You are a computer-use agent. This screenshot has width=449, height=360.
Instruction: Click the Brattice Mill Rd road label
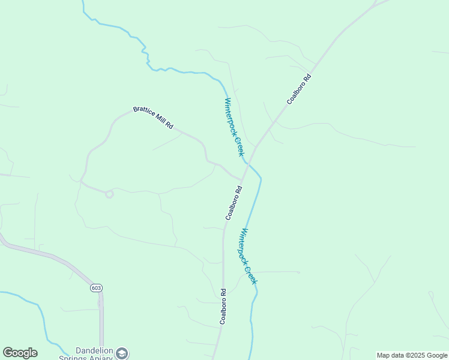point(153,118)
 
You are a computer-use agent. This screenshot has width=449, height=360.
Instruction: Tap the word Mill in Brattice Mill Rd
point(158,121)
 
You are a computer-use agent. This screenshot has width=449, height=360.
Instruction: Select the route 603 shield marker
point(96,288)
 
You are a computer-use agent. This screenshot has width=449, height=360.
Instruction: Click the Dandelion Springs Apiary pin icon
point(122,353)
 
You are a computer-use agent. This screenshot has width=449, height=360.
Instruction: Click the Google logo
point(20,353)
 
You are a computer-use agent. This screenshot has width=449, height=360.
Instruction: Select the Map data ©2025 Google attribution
point(412,355)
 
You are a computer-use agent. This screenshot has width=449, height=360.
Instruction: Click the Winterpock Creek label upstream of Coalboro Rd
point(234,127)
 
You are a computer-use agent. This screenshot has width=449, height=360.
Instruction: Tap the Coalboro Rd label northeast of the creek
point(298,89)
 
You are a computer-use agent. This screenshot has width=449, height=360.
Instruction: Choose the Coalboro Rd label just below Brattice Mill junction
point(234,203)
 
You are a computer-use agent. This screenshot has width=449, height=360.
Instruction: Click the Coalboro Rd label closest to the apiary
point(223,307)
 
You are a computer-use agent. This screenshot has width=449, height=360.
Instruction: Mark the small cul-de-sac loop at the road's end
point(109,194)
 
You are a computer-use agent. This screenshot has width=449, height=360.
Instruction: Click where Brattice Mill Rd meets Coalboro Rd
point(241,179)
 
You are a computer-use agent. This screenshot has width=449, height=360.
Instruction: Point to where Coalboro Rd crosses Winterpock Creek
point(247,163)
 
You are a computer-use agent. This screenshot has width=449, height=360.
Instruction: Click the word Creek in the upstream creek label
point(239,146)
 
